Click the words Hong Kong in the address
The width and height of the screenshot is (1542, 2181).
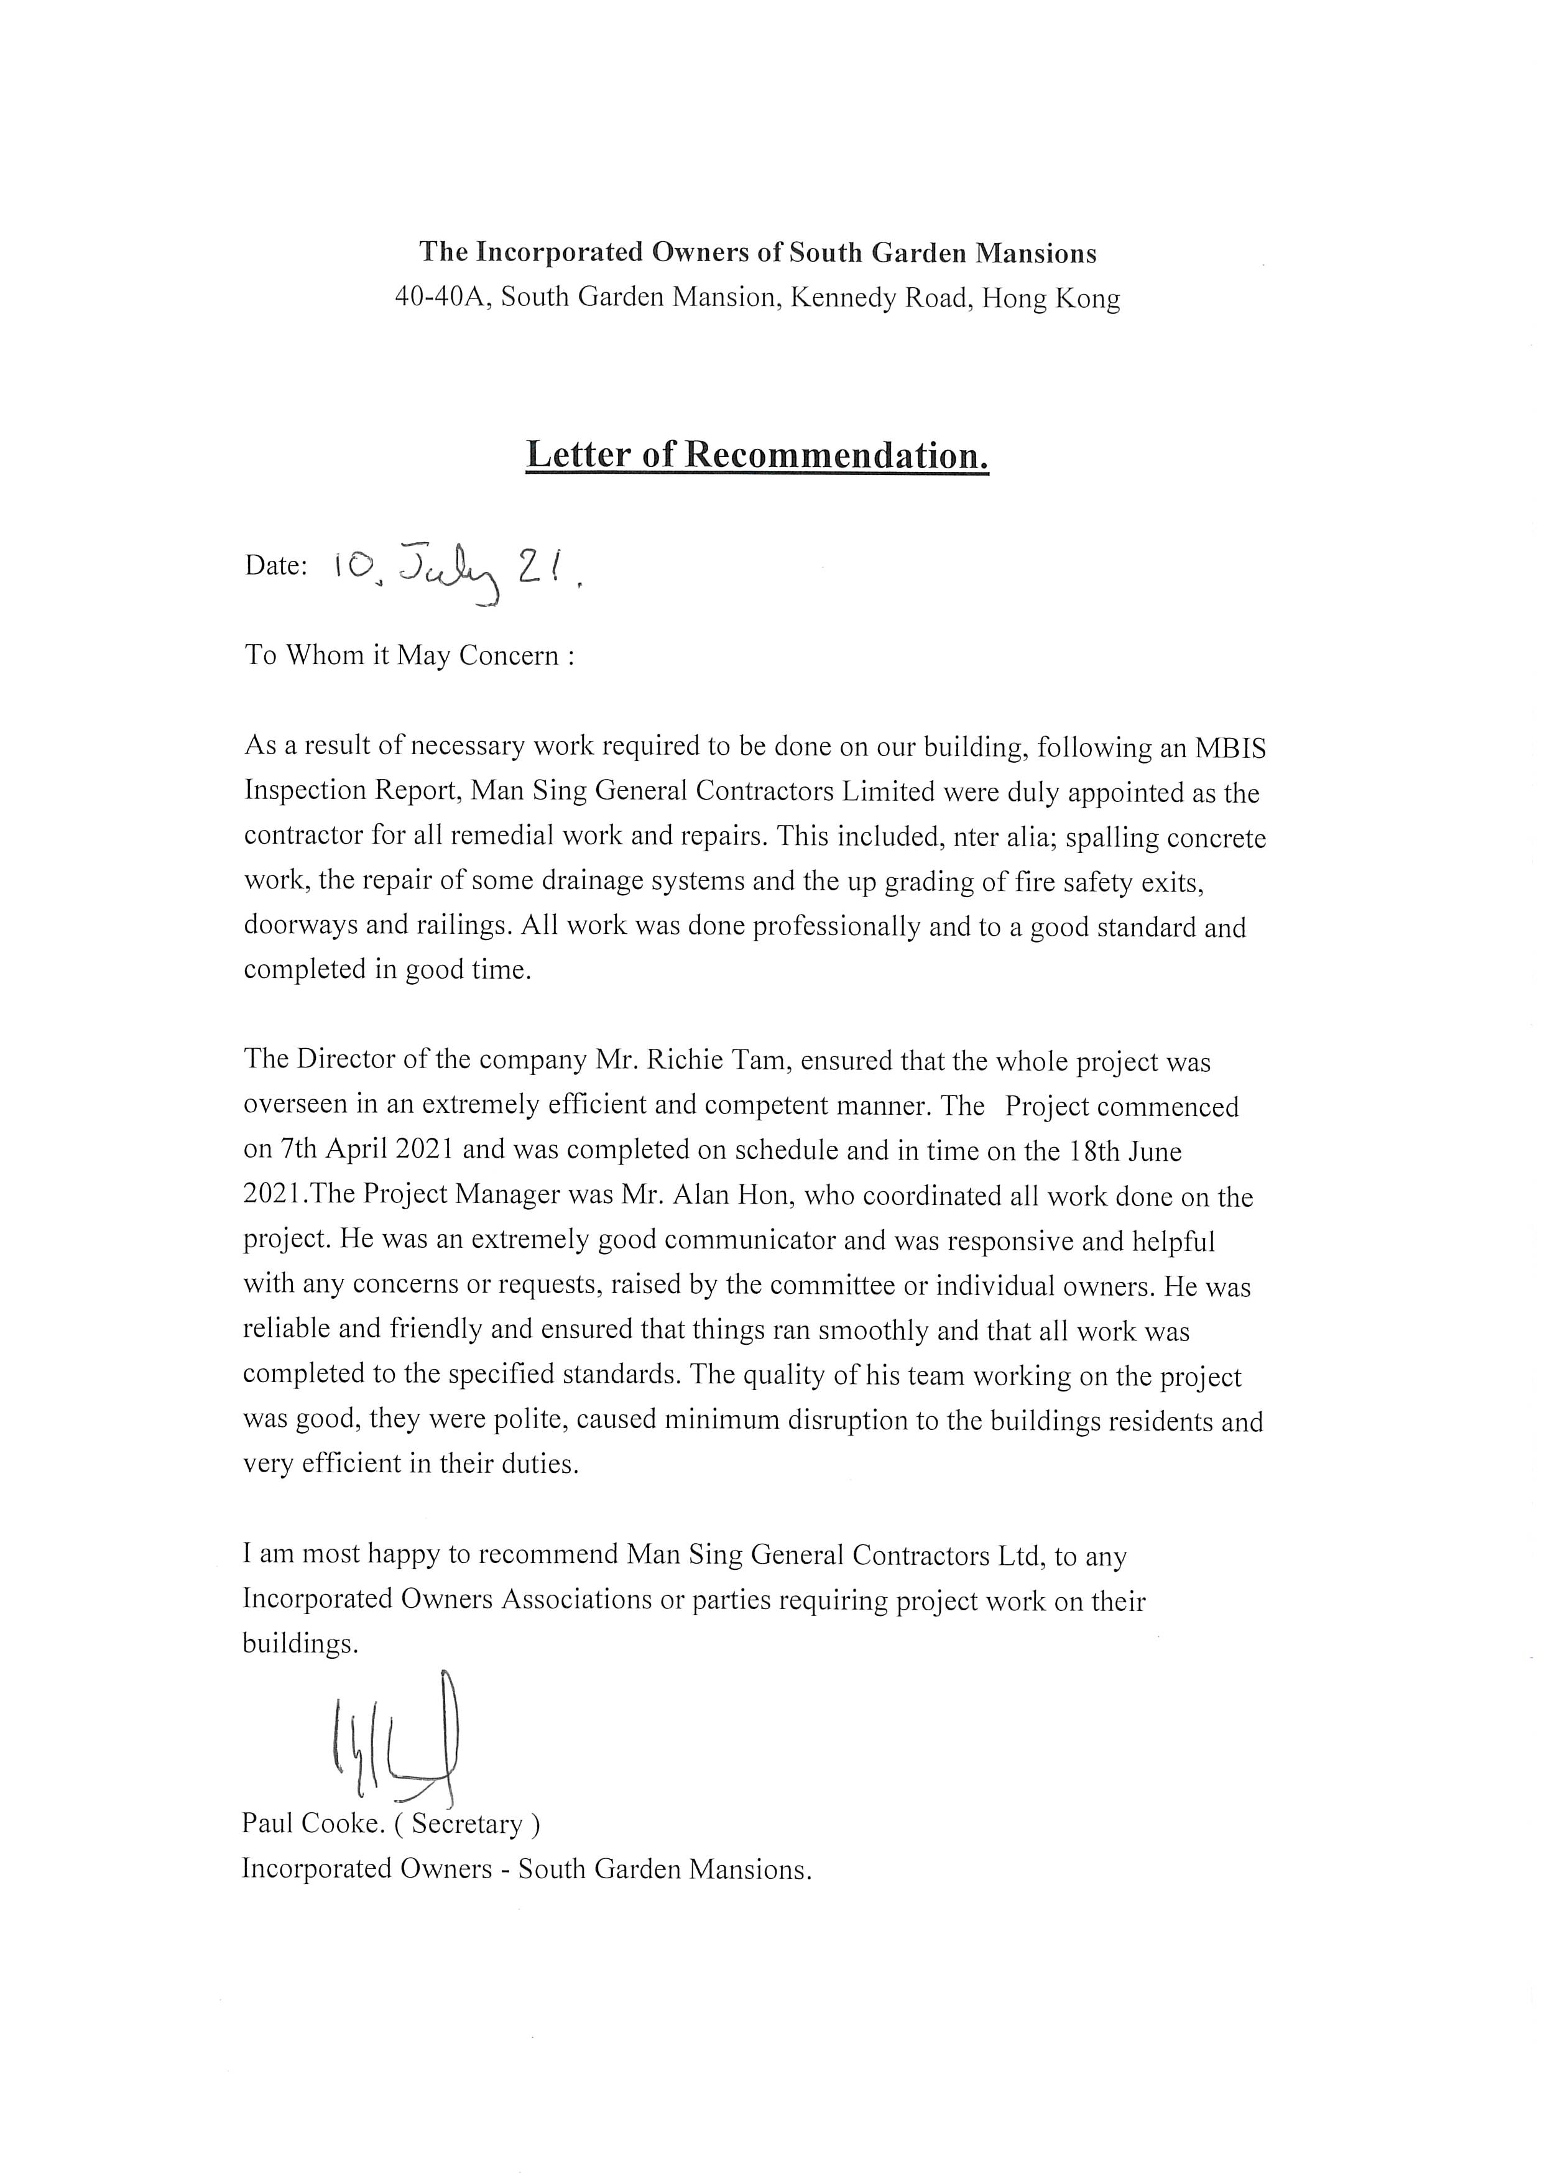point(1051,298)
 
